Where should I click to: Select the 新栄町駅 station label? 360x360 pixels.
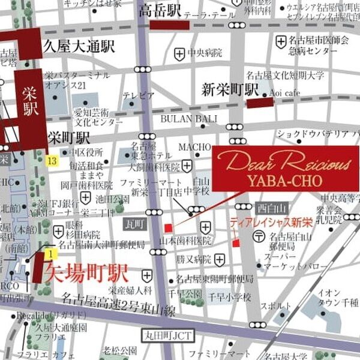pos(229,89)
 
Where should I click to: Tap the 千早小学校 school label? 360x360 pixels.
pos(229,298)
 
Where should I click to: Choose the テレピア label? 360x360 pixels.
pos(139,95)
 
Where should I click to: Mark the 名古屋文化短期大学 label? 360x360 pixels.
pos(285,75)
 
